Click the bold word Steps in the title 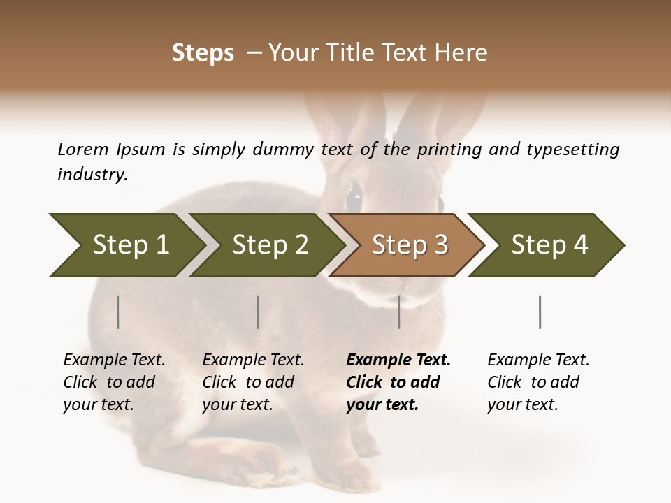tap(203, 53)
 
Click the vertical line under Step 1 tap(118, 312)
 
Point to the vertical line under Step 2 tap(258, 312)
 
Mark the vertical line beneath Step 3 tap(399, 312)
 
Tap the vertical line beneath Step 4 tap(540, 312)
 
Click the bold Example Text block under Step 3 tap(398, 382)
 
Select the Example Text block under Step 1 tap(114, 382)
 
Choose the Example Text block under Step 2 tap(253, 382)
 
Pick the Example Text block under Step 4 tap(538, 382)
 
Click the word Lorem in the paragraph tap(83, 150)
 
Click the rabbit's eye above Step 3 tap(354, 198)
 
